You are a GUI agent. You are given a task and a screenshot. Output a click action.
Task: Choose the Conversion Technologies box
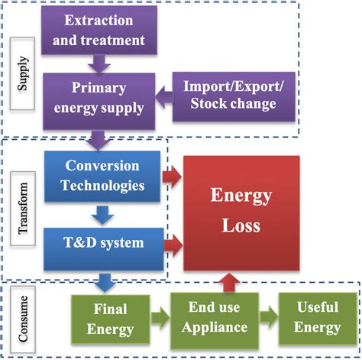102,175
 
